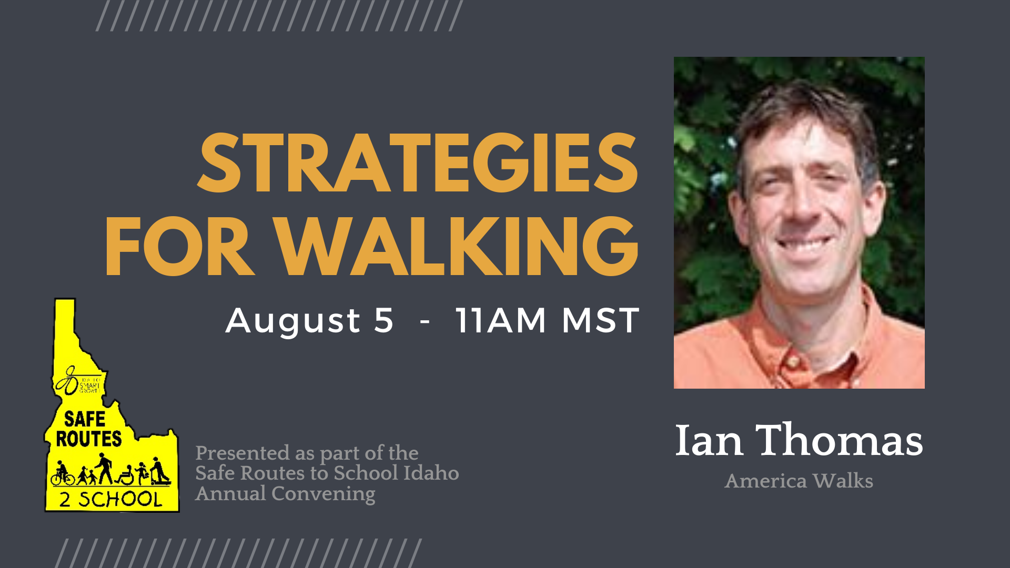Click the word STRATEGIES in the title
pos(418,163)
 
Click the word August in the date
pos(293,320)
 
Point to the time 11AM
pos(500,320)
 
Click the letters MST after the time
pos(600,320)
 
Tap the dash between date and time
pos(425,321)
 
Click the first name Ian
pos(709,440)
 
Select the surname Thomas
pos(839,440)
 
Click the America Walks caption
pos(799,481)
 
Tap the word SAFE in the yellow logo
pos(85,419)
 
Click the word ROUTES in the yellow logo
pos(88,439)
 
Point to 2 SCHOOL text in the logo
pos(110,499)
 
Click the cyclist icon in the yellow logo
pos(62,474)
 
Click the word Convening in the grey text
pos(323,494)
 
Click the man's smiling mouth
pos(804,244)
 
